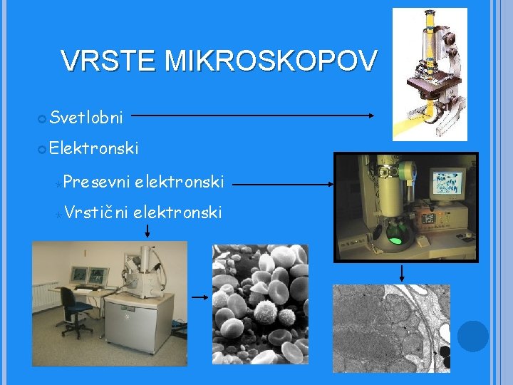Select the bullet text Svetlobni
pyautogui.click(x=87, y=116)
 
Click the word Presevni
pyautogui.click(x=95, y=183)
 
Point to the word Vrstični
pyautogui.click(x=95, y=212)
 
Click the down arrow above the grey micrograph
pyautogui.click(x=402, y=273)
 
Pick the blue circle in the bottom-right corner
pyautogui.click(x=473, y=336)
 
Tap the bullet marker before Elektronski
pyautogui.click(x=43, y=149)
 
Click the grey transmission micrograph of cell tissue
pyautogui.click(x=391, y=328)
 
